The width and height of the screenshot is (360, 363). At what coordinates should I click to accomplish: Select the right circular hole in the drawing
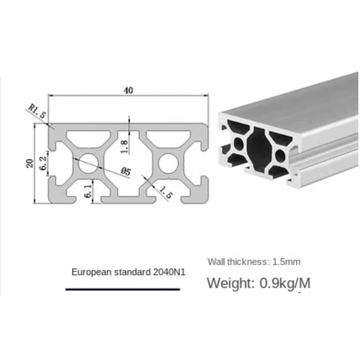(168, 164)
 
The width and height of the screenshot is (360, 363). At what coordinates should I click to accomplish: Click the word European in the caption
(89, 272)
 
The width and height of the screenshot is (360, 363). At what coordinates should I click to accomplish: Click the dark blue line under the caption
(122, 290)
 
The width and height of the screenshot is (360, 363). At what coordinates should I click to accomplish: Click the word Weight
(227, 282)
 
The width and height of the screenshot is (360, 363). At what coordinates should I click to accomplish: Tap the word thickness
(248, 261)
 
